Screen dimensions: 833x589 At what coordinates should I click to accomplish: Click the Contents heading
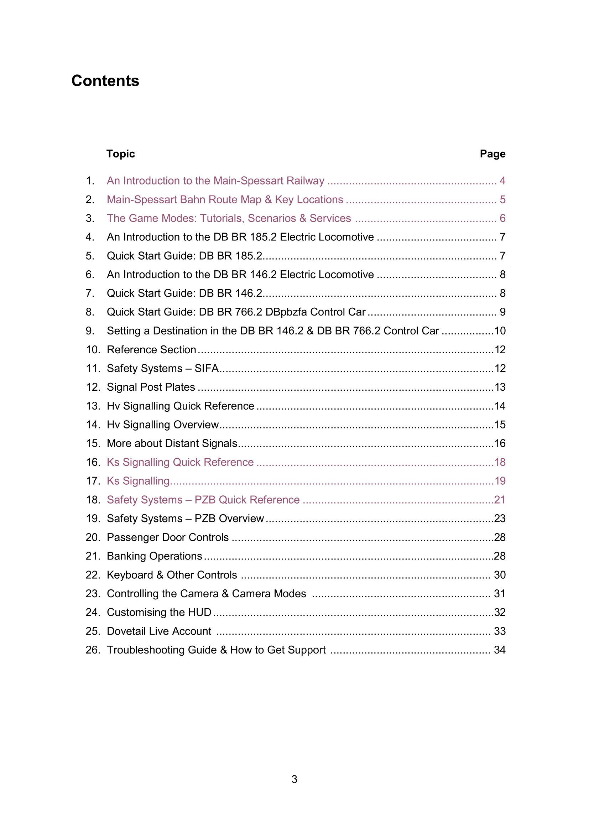(x=105, y=80)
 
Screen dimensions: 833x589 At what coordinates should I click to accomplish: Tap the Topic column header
(x=120, y=154)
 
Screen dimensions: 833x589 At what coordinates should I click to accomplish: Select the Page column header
(x=492, y=154)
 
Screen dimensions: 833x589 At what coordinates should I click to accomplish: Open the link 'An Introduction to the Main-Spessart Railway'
(x=215, y=181)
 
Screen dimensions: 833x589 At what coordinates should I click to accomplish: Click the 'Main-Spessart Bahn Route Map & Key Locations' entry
(x=225, y=199)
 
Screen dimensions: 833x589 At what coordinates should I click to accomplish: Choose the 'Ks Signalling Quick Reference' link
(x=180, y=462)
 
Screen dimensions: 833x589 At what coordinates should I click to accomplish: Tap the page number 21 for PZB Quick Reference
(x=499, y=500)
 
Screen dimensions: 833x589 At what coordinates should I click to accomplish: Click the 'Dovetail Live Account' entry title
(x=159, y=631)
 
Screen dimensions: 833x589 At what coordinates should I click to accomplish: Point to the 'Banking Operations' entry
(x=155, y=556)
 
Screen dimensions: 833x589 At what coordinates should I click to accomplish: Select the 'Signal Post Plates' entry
(x=151, y=387)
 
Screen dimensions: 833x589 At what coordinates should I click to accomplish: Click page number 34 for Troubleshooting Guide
(x=499, y=650)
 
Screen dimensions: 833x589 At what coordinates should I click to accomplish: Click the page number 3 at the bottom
(x=294, y=779)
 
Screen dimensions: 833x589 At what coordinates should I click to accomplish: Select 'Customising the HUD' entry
(x=159, y=612)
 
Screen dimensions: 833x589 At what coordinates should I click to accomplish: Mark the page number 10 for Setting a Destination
(x=500, y=331)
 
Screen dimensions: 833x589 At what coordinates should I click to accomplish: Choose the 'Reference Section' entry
(x=151, y=349)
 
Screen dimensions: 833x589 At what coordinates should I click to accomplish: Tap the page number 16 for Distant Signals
(x=500, y=443)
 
